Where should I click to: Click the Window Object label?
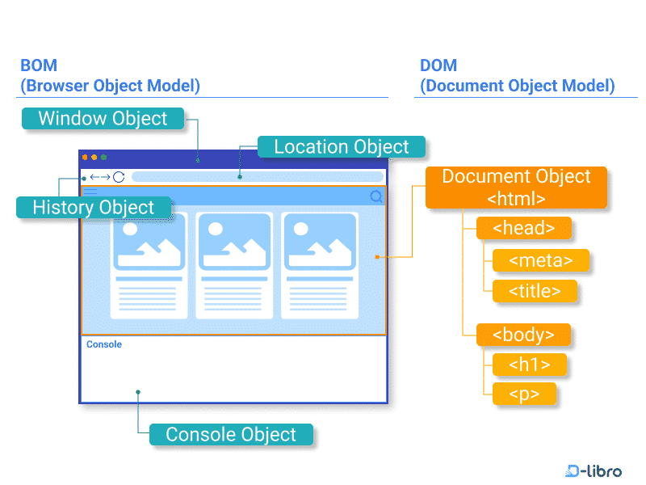[x=103, y=119]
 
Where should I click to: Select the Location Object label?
[x=341, y=147]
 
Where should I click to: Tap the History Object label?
[x=94, y=208]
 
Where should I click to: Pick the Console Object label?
[x=231, y=435]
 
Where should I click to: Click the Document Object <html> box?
[x=516, y=188]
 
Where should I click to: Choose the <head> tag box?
[x=523, y=229]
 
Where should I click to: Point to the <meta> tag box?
[x=540, y=260]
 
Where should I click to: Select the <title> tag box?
[x=535, y=292]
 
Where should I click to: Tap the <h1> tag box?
[x=529, y=365]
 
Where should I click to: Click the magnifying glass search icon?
[x=376, y=196]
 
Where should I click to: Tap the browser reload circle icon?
[x=119, y=177]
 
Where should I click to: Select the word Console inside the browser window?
[x=104, y=344]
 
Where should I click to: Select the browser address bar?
[x=257, y=177]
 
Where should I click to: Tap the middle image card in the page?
[x=233, y=264]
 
